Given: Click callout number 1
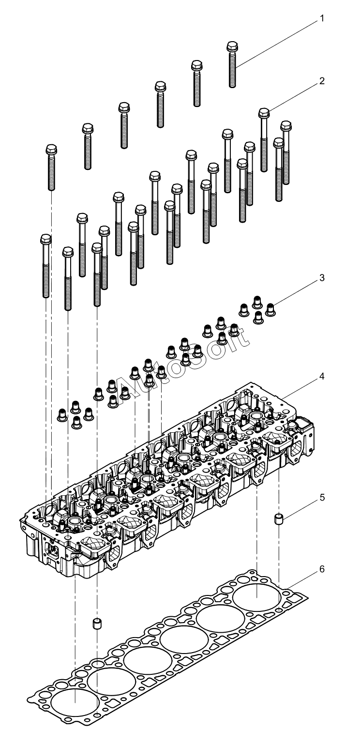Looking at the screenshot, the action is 322,18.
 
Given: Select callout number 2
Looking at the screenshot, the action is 322,81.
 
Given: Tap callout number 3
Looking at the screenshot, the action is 322,278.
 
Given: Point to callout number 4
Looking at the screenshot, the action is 322,376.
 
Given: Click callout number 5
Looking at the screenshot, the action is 322,498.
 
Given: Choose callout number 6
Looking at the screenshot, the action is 322,569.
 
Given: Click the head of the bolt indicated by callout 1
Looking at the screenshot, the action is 232,46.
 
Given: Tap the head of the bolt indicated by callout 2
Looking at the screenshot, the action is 264,113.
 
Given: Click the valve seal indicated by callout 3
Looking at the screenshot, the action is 270,309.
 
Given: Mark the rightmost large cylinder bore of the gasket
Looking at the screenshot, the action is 256,597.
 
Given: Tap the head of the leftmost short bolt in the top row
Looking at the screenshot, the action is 51,150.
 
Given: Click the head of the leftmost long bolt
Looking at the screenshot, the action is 46,239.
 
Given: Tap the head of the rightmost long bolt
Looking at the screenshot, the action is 285,126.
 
